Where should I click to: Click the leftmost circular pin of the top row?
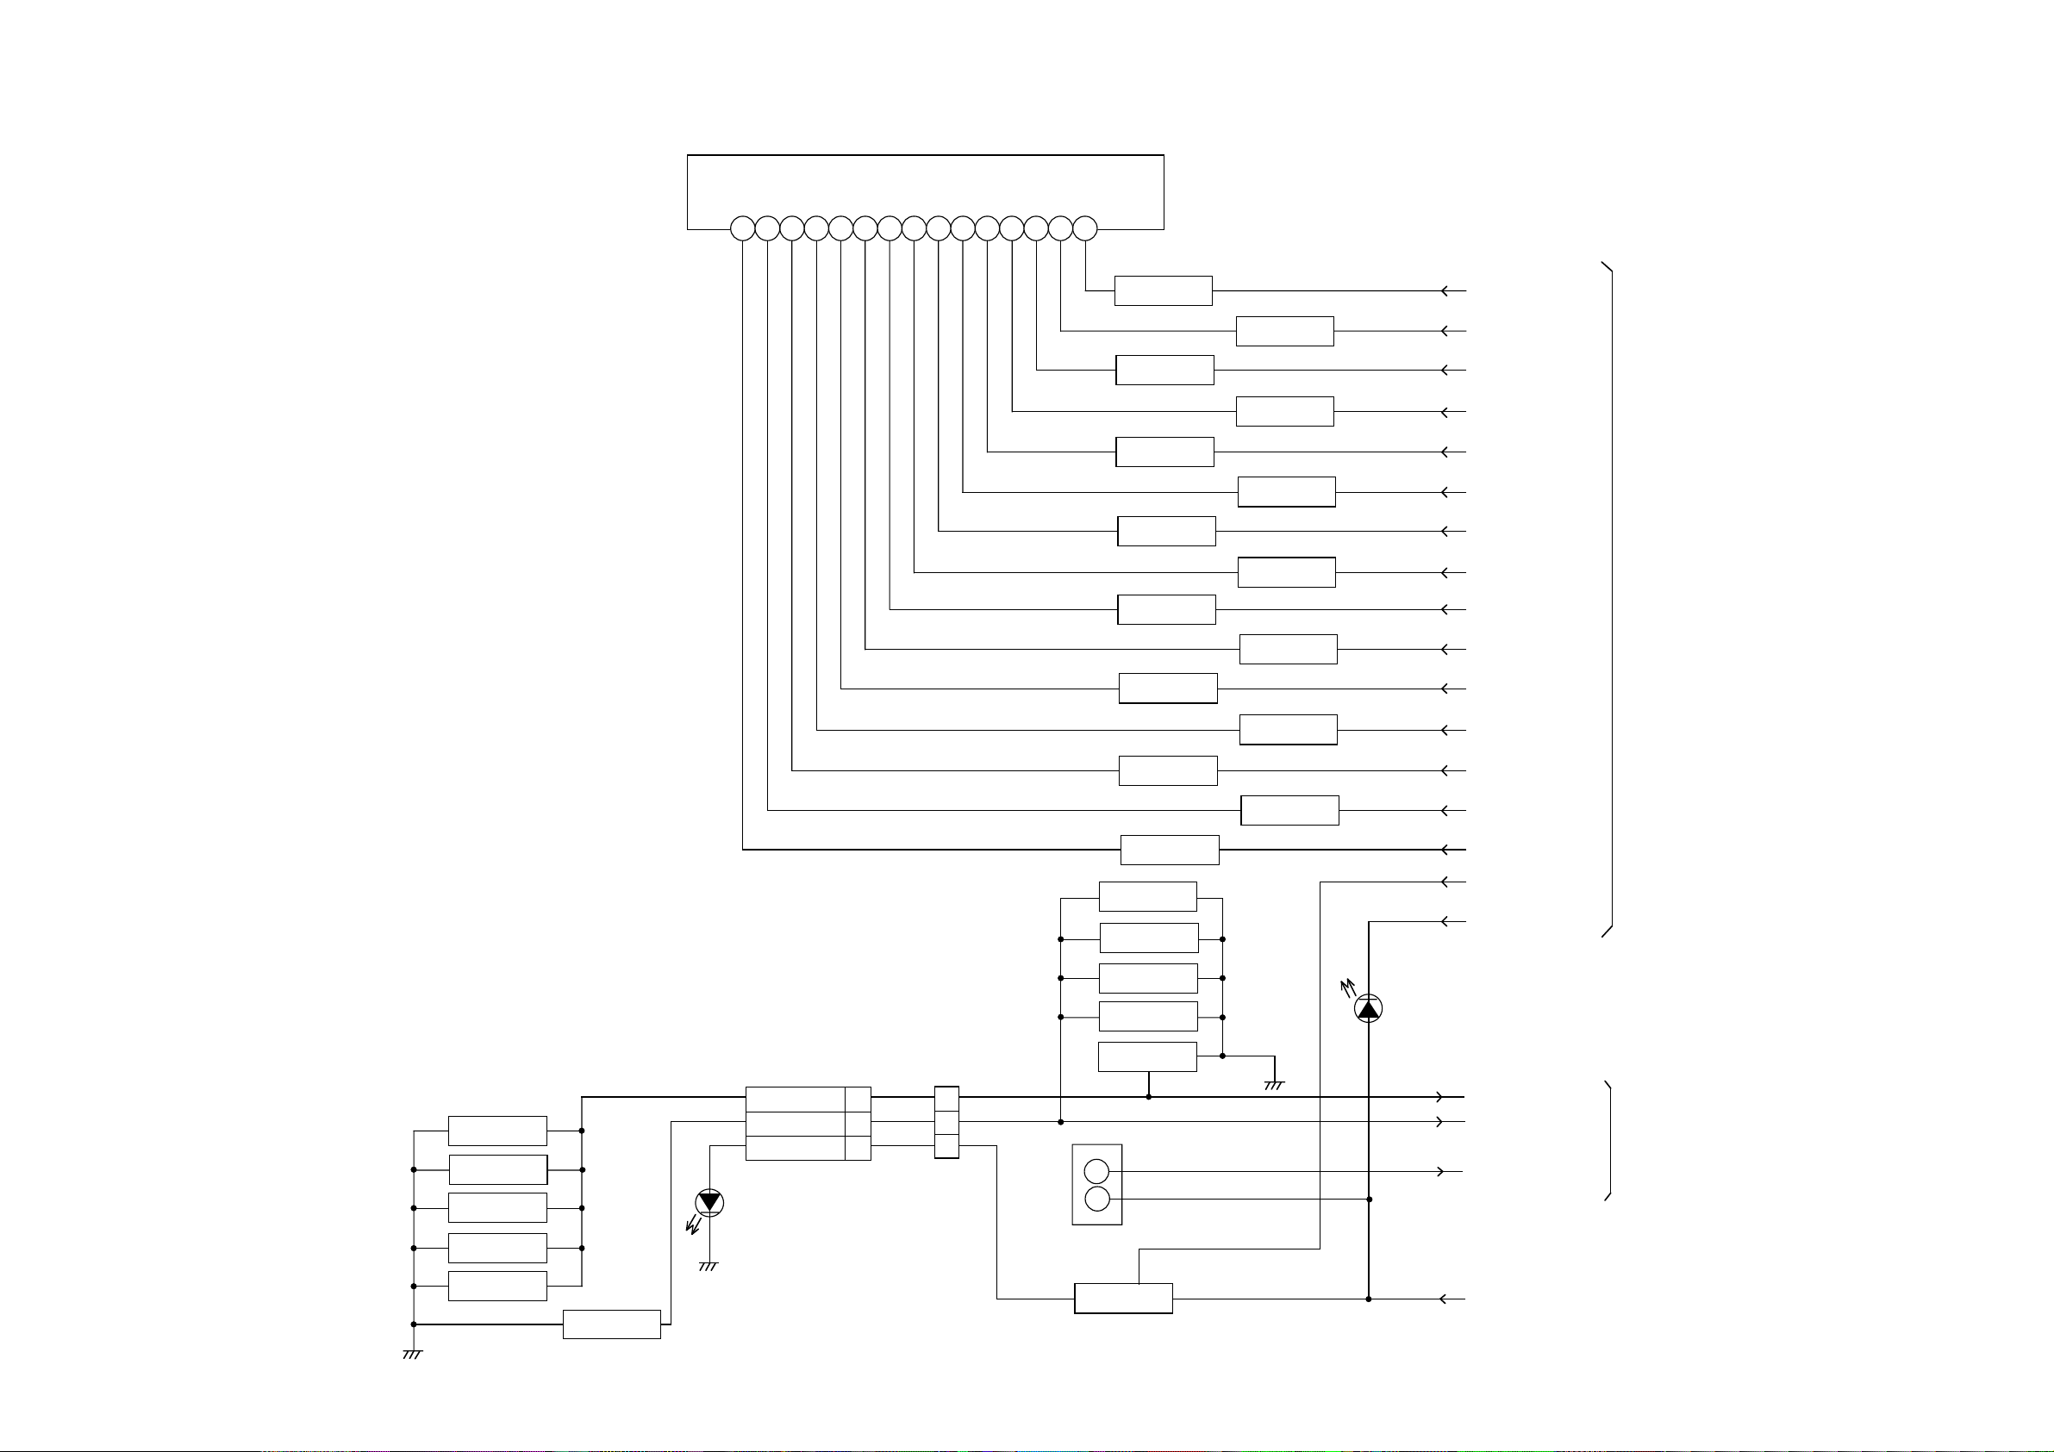[742, 229]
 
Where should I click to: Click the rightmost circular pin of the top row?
[1084, 229]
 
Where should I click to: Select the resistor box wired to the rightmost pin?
[1163, 290]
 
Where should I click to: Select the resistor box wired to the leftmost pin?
[1170, 850]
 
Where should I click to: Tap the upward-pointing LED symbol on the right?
[1368, 1008]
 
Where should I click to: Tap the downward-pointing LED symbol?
[709, 1202]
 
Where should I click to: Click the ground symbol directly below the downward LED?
[708, 1266]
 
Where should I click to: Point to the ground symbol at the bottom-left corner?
[411, 1355]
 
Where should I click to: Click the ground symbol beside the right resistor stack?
[1274, 1085]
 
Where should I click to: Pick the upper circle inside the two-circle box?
[1096, 1171]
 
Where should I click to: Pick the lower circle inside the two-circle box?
[1096, 1199]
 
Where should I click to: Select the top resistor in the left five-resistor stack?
[497, 1131]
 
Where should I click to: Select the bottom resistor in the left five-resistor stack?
[497, 1286]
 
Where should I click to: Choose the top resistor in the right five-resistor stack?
[1148, 896]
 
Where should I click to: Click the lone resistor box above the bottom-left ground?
[612, 1324]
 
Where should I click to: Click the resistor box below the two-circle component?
[1123, 1298]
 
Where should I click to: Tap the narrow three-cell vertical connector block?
[946, 1123]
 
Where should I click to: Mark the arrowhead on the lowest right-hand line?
[1443, 1299]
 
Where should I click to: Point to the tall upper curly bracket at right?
[1609, 600]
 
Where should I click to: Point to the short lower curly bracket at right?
[1608, 1141]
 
